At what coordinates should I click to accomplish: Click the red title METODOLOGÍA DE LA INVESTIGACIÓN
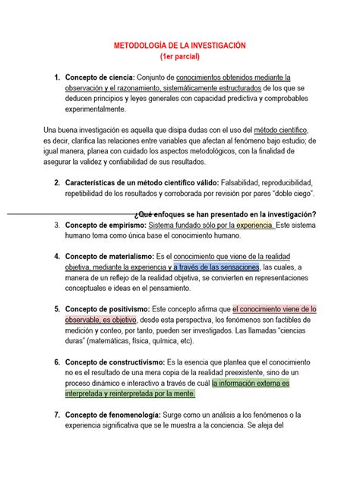180,46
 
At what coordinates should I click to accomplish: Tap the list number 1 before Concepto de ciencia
57,77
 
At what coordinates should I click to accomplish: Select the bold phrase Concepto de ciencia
99,77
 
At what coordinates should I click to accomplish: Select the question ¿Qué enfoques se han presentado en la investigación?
224,214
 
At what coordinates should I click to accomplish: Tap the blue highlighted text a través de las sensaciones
216,267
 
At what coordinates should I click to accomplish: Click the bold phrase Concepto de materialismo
109,256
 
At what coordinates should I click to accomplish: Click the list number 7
57,415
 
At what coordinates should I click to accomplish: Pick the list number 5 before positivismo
57,309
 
